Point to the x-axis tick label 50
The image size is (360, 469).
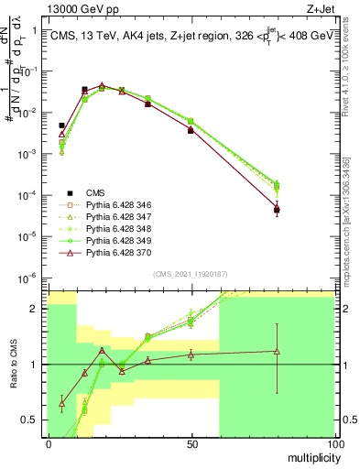191,443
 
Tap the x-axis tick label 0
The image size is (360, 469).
49,443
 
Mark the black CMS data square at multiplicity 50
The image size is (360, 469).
191,131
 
